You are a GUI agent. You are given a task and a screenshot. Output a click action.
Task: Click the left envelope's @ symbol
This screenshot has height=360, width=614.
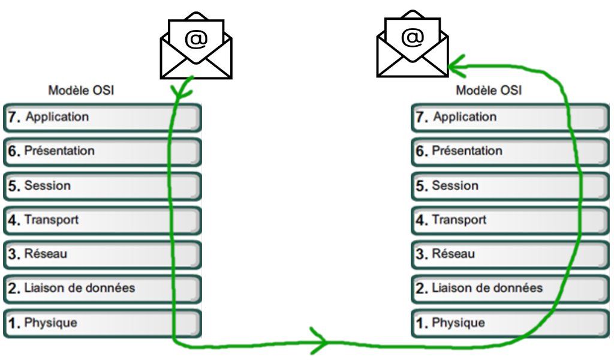point(195,39)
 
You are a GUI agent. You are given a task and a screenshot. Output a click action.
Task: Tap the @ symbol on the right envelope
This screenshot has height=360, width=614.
point(412,37)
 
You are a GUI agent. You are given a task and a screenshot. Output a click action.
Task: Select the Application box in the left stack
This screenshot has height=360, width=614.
point(102,117)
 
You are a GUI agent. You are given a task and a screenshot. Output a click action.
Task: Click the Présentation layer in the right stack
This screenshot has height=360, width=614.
point(510,151)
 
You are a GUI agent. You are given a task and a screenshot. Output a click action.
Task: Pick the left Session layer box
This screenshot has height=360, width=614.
point(102,186)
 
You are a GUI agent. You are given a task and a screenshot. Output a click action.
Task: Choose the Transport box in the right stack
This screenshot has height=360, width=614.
point(510,220)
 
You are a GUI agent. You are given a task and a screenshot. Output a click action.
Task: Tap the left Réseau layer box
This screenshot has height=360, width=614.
point(102,254)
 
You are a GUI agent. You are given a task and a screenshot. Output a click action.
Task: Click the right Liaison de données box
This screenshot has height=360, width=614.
point(510,289)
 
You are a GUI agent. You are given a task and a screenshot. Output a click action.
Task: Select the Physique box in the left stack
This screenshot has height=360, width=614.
point(102,323)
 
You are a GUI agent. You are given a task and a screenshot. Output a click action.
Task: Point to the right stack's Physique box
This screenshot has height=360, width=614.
point(510,323)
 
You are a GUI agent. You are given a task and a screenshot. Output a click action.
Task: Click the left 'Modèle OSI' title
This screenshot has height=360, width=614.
point(81,91)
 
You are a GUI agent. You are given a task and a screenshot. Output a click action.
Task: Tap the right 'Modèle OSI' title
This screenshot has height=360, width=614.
point(489,91)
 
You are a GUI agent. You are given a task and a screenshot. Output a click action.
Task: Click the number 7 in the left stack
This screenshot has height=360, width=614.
point(13,117)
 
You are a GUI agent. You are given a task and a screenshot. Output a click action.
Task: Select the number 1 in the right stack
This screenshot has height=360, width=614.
point(421,323)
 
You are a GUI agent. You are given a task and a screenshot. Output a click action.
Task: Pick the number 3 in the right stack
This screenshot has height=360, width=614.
point(422,254)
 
